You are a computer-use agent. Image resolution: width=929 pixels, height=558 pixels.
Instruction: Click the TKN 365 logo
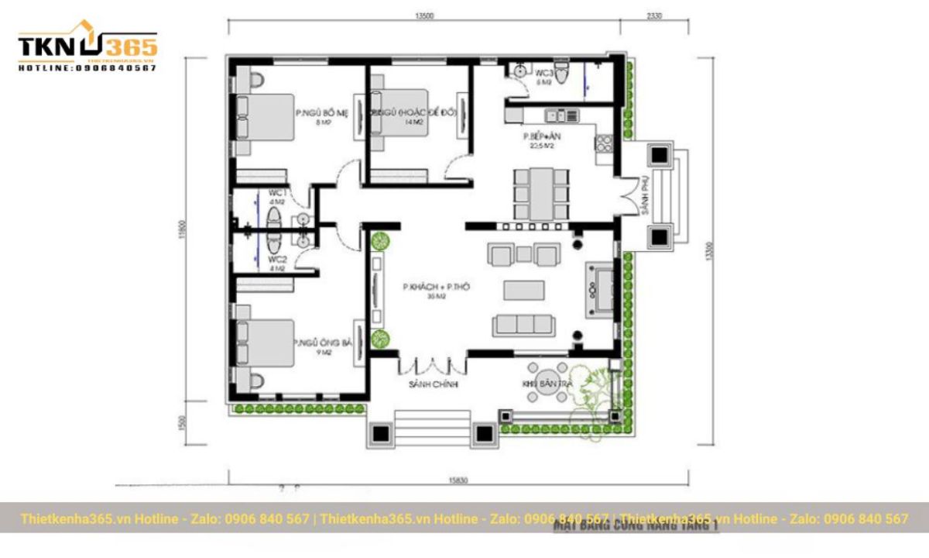click(x=87, y=48)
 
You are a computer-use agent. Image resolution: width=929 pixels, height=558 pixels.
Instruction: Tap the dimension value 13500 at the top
click(x=423, y=15)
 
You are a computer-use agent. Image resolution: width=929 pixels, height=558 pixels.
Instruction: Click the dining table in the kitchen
click(x=541, y=192)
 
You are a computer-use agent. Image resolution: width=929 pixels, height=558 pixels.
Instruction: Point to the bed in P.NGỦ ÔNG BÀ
click(x=266, y=343)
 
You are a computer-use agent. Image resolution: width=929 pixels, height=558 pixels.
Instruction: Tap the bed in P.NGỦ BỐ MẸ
click(x=266, y=117)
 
